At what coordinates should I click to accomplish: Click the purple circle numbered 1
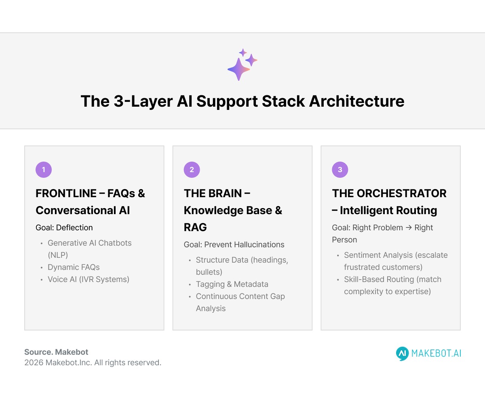(44, 170)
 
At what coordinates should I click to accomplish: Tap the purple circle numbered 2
(192, 170)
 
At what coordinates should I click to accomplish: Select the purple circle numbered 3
(340, 170)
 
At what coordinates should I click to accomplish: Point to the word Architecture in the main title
(356, 101)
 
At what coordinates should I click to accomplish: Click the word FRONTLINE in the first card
(65, 194)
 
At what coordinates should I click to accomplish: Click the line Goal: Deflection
(64, 227)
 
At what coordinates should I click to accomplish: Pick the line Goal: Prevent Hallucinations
(234, 244)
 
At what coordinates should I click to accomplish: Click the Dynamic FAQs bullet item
(74, 267)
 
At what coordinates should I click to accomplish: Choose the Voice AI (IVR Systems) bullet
(89, 279)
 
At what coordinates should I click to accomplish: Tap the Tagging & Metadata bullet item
(232, 284)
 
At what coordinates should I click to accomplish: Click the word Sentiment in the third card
(361, 255)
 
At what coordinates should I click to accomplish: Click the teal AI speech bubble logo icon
(402, 354)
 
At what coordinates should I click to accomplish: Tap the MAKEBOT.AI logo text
(436, 354)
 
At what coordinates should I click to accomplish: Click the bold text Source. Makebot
(56, 352)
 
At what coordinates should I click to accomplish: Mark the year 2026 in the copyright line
(34, 362)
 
